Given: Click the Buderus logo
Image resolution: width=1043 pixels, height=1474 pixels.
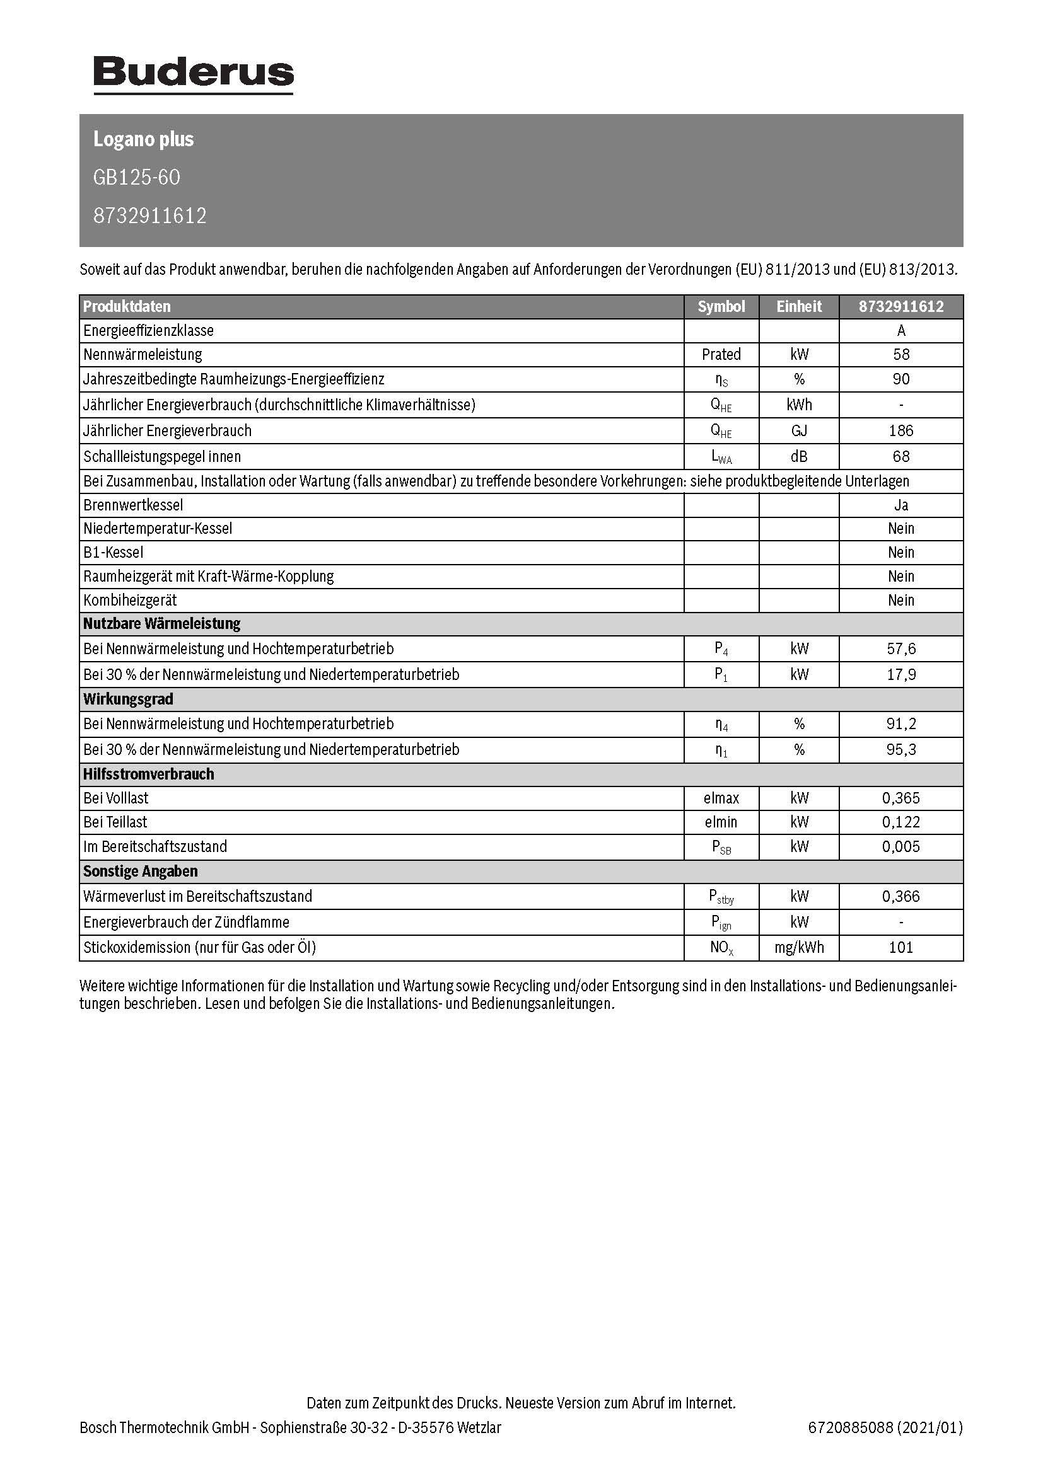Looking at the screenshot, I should pos(194,74).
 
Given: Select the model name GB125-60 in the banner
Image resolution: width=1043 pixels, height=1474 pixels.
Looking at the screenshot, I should pos(137,177).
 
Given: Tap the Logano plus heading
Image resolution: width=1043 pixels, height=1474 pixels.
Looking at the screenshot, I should pos(143,139).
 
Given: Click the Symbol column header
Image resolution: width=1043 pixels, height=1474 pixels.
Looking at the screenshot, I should pos(721,306).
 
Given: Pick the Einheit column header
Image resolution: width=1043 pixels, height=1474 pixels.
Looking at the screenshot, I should pos(799,306).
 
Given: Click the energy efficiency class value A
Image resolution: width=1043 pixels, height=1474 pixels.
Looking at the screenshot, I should pos(901,331).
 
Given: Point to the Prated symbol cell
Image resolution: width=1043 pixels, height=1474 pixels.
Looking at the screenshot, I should pos(721,354).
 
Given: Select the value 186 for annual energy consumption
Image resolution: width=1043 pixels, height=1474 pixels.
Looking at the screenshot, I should pos(901,431).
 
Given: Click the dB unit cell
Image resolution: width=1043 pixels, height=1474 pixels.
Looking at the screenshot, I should pos(799,456).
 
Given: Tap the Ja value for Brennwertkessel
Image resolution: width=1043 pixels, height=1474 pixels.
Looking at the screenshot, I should pos(901,505).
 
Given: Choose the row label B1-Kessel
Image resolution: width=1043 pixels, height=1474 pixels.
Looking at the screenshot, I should pos(114,552).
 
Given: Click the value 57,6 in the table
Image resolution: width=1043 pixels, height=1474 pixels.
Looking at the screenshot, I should pos(901,648).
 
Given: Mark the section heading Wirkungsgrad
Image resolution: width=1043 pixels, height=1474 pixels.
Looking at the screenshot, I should pos(129,698).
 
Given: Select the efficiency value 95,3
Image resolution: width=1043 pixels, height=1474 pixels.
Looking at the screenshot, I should pos(901,749).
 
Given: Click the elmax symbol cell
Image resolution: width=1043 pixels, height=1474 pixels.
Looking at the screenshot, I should pos(721,798).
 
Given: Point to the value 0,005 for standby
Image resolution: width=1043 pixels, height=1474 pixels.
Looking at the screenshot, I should pos(901,846).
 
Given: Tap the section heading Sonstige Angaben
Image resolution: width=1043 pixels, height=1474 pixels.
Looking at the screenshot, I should pos(140,871).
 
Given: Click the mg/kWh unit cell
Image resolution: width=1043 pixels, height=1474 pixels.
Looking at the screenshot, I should pos(799,947).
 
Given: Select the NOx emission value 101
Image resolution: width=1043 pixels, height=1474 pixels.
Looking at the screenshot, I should pos(901,947).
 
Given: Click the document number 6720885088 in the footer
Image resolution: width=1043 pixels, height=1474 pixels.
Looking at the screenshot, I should pos(850,1427).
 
